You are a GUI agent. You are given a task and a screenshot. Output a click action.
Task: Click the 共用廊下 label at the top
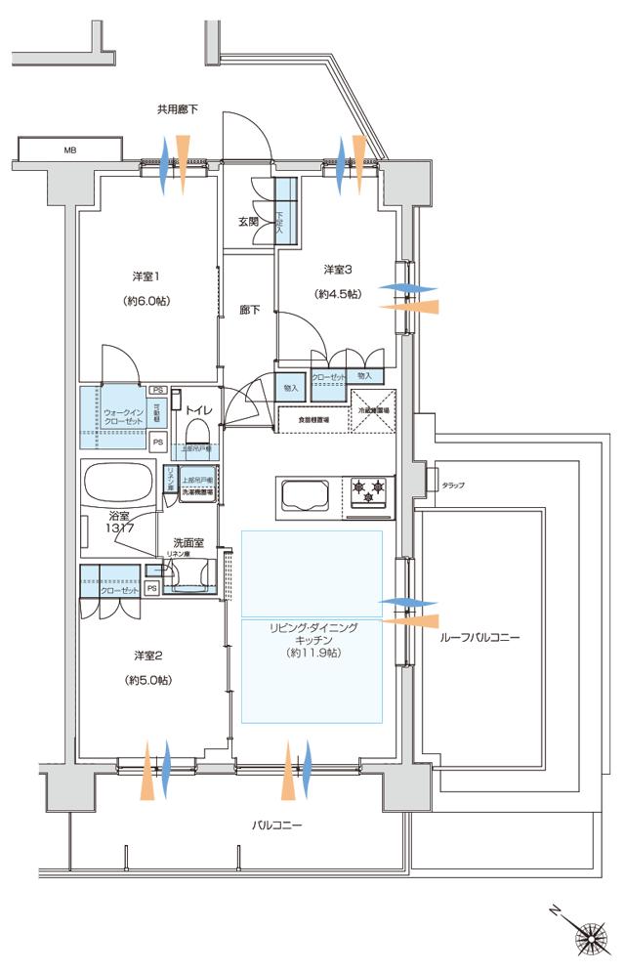(x=177, y=109)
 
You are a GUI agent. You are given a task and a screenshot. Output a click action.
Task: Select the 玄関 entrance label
(x=248, y=222)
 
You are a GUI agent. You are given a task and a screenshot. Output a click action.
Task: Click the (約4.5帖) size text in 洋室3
(x=337, y=294)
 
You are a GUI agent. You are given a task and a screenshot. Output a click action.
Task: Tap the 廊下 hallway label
(x=249, y=311)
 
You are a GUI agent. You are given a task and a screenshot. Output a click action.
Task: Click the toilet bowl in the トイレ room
(x=197, y=430)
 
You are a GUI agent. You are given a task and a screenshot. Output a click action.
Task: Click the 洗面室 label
(x=187, y=542)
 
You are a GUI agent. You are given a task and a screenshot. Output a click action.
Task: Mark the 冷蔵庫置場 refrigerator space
(x=371, y=411)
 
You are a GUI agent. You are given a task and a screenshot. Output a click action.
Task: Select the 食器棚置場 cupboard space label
(x=312, y=420)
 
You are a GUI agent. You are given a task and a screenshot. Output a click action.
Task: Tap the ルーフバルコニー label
(x=480, y=637)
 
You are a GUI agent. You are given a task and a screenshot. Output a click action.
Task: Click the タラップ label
(x=453, y=485)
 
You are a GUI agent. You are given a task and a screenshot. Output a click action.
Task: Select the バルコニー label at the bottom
(x=276, y=825)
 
